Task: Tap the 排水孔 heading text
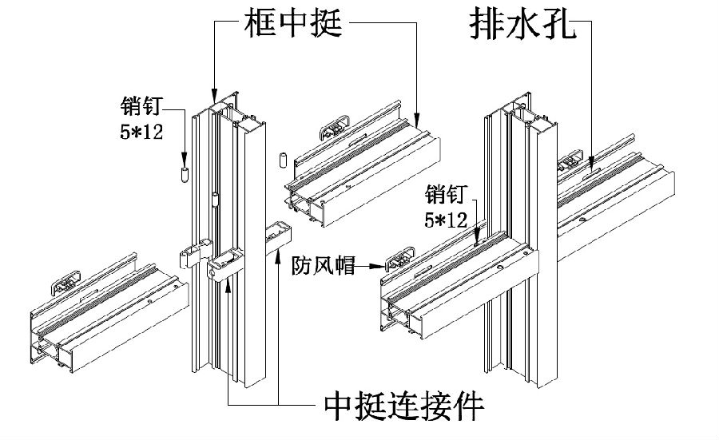point(518,26)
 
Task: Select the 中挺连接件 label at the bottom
point(404,406)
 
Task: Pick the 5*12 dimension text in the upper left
point(141,131)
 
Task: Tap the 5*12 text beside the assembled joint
point(446,220)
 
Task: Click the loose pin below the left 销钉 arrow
point(184,173)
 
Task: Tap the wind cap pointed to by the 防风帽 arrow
point(397,261)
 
